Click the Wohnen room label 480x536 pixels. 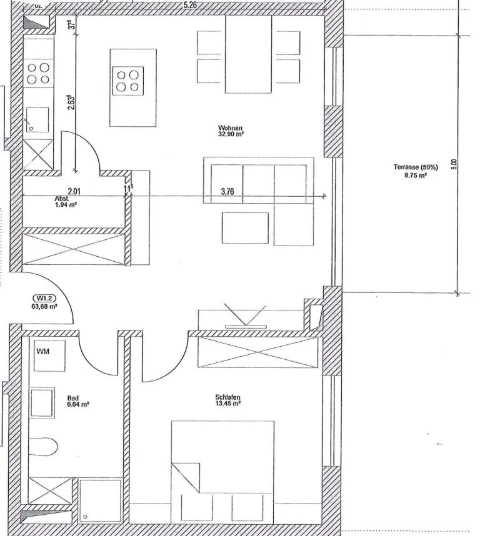tap(231, 128)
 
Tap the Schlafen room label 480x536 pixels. tap(227, 397)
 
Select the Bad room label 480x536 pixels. tap(73, 398)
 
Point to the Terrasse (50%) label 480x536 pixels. tap(416, 167)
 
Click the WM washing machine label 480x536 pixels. tap(42, 351)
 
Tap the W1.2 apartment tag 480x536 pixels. tap(44, 298)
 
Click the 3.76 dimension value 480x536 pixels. tap(227, 191)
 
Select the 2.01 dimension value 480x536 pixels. tap(74, 191)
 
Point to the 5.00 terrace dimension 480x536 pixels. tap(454, 164)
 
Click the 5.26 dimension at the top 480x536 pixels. tap(190, 5)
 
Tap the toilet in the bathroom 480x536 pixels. tap(43, 447)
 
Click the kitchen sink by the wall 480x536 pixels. tap(37, 120)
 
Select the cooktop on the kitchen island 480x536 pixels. tap(128, 81)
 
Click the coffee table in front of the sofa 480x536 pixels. tap(245, 227)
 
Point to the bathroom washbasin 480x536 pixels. tap(42, 403)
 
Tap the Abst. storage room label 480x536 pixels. tap(62, 199)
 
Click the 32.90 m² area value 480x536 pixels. tap(231, 134)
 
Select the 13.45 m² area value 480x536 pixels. tap(228, 404)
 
